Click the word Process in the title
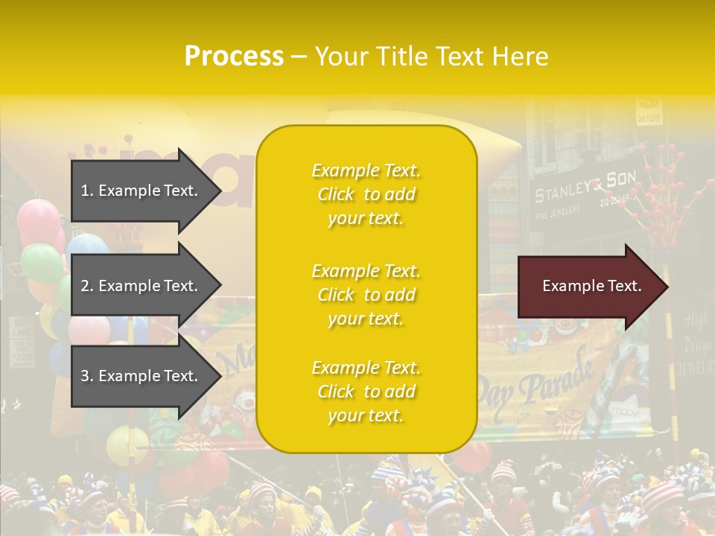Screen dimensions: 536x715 point(234,57)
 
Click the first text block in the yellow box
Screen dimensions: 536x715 point(366,194)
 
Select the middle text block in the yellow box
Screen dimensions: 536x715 point(366,295)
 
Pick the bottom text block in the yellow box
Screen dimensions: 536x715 point(366,392)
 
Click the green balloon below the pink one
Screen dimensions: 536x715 point(41,262)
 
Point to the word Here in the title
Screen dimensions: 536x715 point(521,57)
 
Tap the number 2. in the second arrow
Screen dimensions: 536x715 point(86,286)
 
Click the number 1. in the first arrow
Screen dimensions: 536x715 point(86,191)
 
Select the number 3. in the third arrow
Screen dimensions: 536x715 point(86,376)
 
